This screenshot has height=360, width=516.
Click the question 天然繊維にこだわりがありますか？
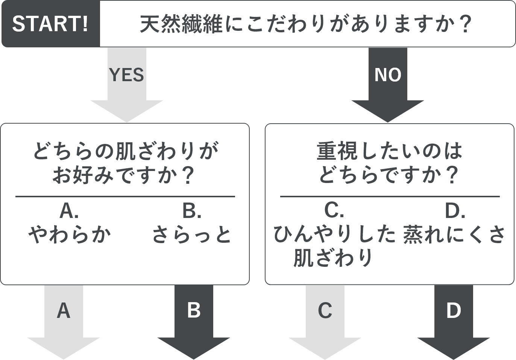pyautogui.click(x=305, y=24)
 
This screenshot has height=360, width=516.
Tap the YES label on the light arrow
pyautogui.click(x=126, y=75)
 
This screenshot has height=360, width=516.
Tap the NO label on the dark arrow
pyautogui.click(x=388, y=75)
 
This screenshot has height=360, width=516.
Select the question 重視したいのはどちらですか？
pyautogui.click(x=389, y=163)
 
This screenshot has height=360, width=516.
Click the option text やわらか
pyautogui.click(x=70, y=234)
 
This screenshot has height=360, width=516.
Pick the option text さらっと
pyautogui.click(x=192, y=234)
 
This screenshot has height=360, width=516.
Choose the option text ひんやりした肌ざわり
pyautogui.click(x=334, y=246)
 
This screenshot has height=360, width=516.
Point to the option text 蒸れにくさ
pyautogui.click(x=454, y=234)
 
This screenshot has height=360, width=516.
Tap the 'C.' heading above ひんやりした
pyautogui.click(x=334, y=211)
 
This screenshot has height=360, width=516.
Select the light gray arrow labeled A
pyautogui.click(x=64, y=322)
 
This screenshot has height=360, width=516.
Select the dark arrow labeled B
pyautogui.click(x=194, y=322)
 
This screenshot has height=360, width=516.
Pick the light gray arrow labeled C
pyautogui.click(x=325, y=322)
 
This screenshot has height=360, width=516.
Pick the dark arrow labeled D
pyautogui.click(x=454, y=322)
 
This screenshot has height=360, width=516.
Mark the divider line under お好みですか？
pyautogui.click(x=125, y=197)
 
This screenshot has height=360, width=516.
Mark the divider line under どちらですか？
pyautogui.click(x=390, y=197)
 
